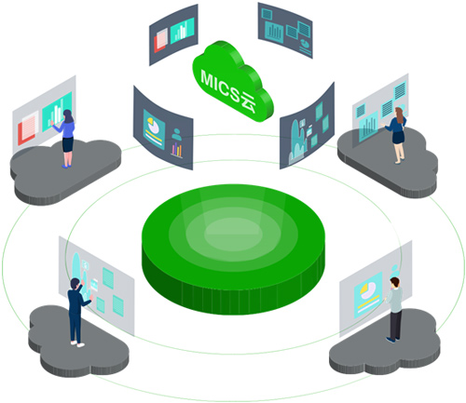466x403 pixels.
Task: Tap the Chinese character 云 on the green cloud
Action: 248,102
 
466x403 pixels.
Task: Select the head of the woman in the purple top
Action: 68,116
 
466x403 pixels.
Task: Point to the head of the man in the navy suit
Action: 75,284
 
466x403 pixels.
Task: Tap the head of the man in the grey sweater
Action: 395,282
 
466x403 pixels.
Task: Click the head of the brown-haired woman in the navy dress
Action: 399,113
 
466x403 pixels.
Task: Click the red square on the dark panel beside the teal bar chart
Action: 160,40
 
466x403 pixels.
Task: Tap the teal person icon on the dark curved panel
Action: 177,134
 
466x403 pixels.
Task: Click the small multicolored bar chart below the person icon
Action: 176,150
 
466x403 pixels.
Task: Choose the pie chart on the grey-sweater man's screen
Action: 367,290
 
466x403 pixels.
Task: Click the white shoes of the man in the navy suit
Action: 77,343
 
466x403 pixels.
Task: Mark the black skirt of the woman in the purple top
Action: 68,144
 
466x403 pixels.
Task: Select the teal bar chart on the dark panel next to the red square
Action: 183,30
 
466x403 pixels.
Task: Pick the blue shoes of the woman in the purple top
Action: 66,166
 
